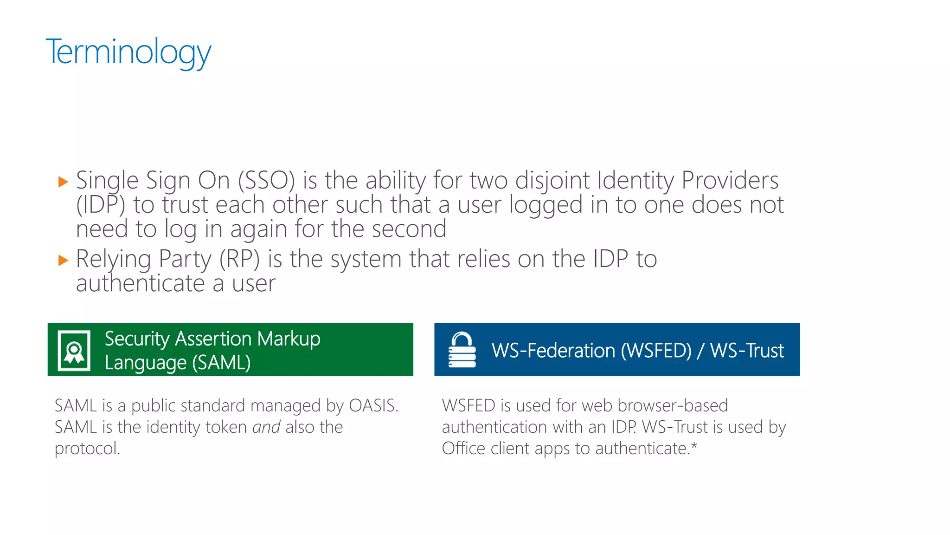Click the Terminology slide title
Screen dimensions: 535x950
click(128, 52)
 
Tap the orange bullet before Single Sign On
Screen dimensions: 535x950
click(64, 182)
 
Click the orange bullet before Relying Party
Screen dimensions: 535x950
click(64, 260)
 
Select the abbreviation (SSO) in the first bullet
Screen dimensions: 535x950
click(266, 181)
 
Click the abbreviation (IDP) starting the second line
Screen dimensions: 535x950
click(101, 205)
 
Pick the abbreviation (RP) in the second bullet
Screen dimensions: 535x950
click(239, 259)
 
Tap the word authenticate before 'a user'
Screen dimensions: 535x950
click(140, 283)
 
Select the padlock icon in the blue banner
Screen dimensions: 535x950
click(462, 350)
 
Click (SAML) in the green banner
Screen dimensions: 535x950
click(221, 362)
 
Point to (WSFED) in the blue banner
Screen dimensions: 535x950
click(656, 351)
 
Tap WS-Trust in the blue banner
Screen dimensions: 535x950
click(747, 351)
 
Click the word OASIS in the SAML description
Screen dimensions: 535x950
click(373, 406)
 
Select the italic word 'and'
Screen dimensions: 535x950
click(266, 427)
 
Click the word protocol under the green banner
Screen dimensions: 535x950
click(87, 449)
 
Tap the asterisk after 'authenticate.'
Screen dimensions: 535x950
click(694, 446)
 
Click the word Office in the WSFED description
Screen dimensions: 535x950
click(463, 449)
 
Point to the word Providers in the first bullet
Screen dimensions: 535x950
click(730, 181)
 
